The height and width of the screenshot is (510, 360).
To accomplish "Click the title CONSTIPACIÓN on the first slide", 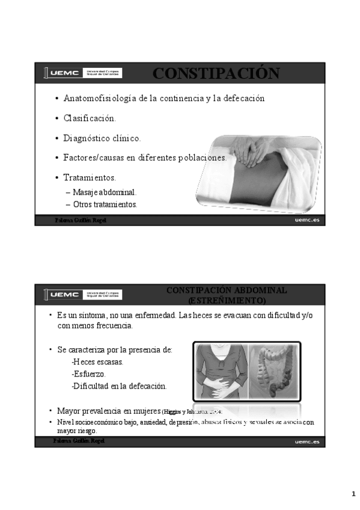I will tap(216, 73).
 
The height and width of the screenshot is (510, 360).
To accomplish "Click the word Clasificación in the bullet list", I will tap(90, 118).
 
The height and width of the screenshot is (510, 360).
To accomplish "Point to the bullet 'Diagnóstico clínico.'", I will tap(102, 138).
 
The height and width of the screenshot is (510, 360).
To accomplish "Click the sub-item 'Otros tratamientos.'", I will tap(105, 204).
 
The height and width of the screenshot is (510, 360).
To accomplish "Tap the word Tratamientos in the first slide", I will tap(90, 177).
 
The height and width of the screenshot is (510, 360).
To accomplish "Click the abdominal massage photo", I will tap(270, 171).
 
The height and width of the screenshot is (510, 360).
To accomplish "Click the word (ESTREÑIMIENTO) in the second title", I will tap(226, 300).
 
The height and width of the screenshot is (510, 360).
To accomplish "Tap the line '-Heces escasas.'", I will tap(97, 361).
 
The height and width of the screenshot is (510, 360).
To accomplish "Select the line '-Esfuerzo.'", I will tap(88, 373).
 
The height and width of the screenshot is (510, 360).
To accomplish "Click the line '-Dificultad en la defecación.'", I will tap(119, 386).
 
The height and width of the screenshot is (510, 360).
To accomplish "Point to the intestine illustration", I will tap(273, 371).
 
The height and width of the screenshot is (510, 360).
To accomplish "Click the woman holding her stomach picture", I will tap(221, 371).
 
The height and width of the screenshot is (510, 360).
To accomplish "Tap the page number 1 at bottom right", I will tap(353, 494).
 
